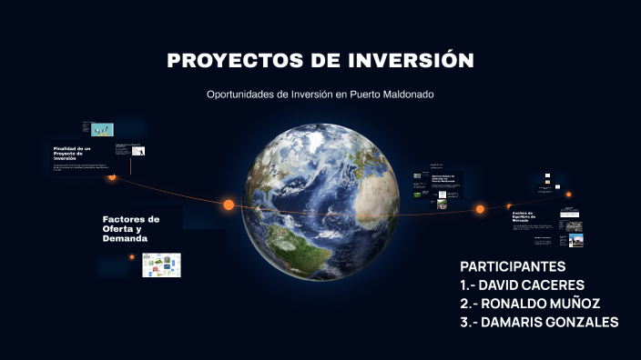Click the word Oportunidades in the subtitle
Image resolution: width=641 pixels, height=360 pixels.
coord(241,95)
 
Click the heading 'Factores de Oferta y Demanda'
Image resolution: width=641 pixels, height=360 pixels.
coord(131,228)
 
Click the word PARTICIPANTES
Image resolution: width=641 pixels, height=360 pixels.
coord(513,266)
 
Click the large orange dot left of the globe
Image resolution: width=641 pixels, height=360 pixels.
coord(229,205)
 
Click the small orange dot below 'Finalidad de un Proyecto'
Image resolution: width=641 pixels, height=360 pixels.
coord(112,177)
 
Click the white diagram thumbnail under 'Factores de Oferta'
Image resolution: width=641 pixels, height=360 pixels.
coord(161,265)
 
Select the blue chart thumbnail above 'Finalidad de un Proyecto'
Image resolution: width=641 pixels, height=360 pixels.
coord(103,130)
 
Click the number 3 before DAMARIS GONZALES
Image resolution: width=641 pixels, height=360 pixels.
coord(464,322)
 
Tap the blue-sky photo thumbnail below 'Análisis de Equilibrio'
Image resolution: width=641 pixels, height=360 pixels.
coord(575,241)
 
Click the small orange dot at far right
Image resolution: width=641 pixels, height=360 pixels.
coord(569,194)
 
